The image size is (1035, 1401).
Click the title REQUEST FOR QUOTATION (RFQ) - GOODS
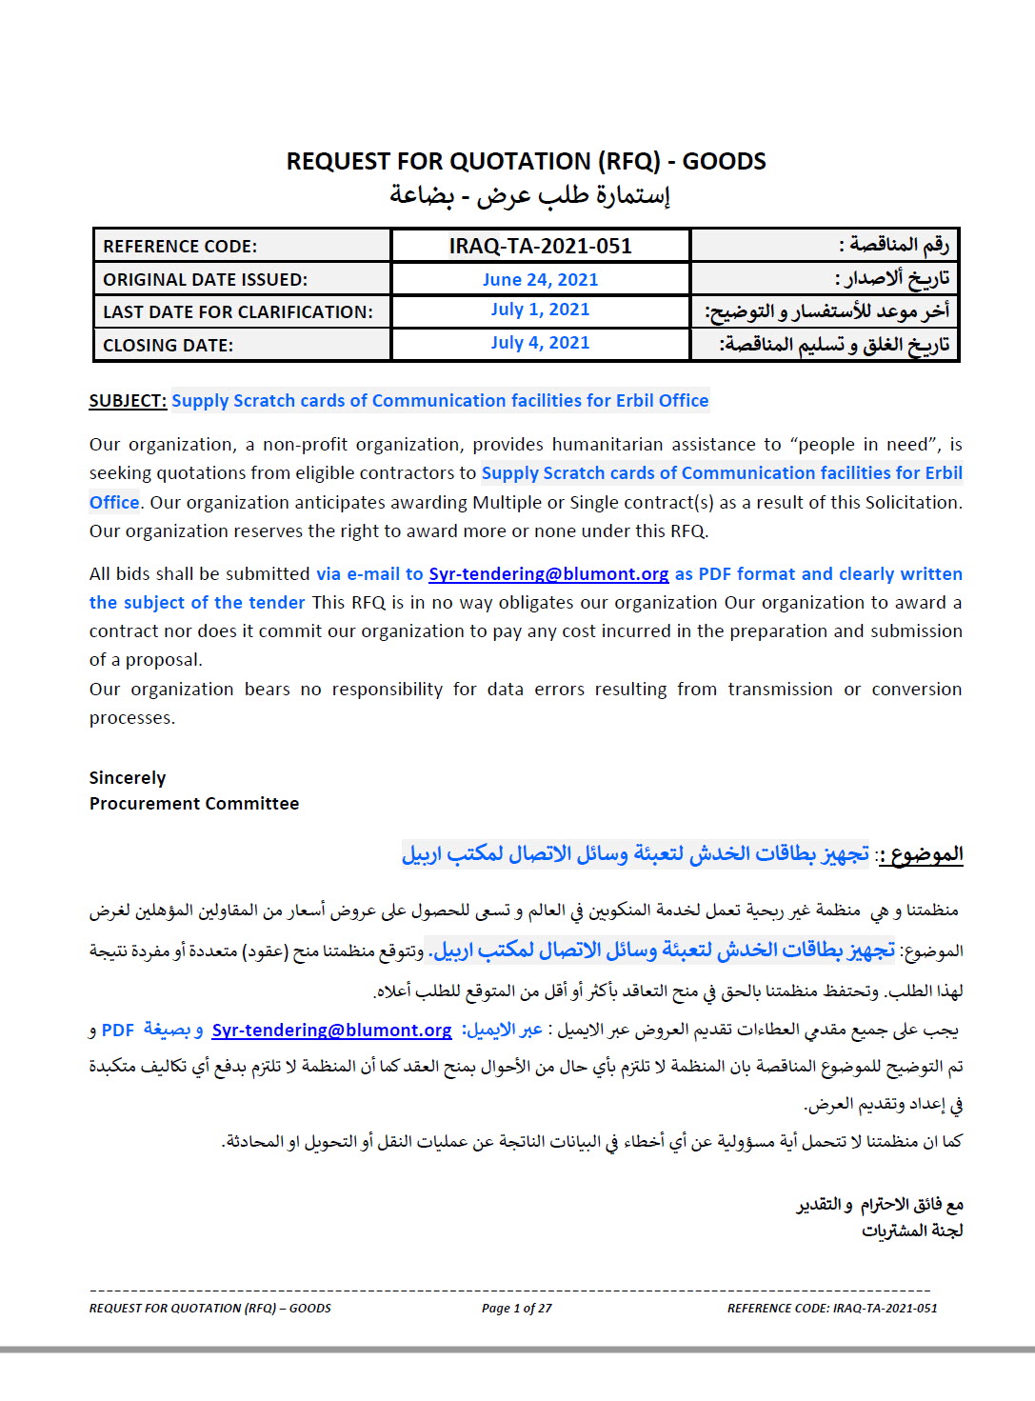pos(526,161)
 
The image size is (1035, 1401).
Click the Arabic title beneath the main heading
pos(529,195)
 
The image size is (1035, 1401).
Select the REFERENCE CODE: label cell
pos(180,247)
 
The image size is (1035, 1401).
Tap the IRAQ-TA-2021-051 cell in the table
pos(540,247)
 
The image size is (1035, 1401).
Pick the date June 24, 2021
pos(540,280)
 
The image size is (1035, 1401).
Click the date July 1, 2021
pos(540,310)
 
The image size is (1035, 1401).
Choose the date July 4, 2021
pos(540,343)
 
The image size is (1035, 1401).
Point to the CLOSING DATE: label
pos(168,346)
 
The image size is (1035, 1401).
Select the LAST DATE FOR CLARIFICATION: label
pos(238,312)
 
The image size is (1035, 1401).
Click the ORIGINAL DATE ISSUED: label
pos(205,280)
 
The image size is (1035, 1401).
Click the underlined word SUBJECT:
pos(128,401)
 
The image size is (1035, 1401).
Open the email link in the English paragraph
pos(548,574)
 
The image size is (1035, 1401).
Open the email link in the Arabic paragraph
pos(331,1031)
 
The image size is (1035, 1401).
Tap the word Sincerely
pos(128,778)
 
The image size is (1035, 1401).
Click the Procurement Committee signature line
pos(194,804)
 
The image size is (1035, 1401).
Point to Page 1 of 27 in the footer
pos(516,1309)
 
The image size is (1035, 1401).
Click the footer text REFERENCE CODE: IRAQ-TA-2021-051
pos(832,1309)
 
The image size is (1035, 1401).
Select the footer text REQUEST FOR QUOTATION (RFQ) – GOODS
pos(210,1309)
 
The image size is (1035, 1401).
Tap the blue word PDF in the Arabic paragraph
pos(118,1031)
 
